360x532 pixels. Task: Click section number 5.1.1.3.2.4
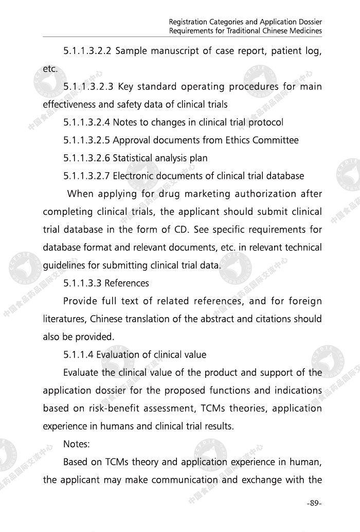(86, 122)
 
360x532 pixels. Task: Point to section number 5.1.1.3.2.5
(86, 140)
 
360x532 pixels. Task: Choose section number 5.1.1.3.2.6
(86, 158)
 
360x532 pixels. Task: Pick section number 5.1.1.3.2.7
(86, 176)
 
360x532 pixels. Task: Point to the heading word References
(127, 283)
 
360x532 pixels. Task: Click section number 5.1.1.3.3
(82, 283)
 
